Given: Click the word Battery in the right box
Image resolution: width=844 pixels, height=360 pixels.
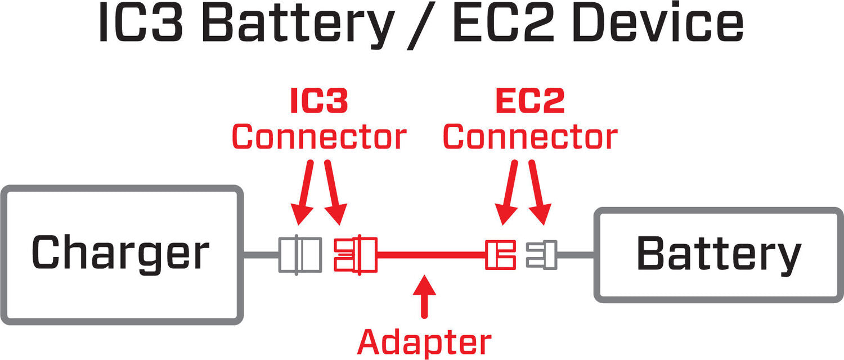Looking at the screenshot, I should click(x=719, y=254).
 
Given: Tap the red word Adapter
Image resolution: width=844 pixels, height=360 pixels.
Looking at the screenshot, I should click(x=425, y=342).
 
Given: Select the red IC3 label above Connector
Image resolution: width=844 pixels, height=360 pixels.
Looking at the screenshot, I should click(x=319, y=102).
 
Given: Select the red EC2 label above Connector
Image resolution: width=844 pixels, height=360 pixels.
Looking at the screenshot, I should click(x=530, y=102).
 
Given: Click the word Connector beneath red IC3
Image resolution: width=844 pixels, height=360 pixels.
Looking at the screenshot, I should click(x=319, y=137).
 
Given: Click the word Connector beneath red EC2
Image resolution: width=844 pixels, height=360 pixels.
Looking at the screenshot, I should click(x=530, y=137).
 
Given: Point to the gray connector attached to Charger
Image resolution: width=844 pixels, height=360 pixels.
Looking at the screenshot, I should click(x=300, y=255).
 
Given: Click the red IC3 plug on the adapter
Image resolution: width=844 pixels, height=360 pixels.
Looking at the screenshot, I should click(x=355, y=255).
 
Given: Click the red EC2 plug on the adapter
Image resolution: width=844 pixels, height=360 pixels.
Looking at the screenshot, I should click(x=500, y=255).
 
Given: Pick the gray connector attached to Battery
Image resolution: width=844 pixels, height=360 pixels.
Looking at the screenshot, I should click(x=542, y=255).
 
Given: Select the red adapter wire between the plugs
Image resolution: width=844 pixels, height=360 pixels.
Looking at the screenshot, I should click(x=430, y=255).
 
